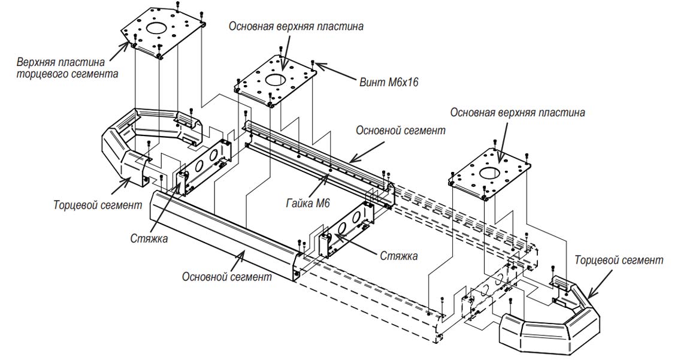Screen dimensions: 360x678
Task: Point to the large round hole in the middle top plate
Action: [276, 80]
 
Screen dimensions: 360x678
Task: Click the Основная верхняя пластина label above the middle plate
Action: [296, 27]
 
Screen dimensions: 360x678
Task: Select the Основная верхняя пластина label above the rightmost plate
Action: [517, 112]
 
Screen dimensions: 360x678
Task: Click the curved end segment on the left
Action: [120, 147]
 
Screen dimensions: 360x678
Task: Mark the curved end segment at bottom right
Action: [551, 326]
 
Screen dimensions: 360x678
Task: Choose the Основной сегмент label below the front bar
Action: [227, 277]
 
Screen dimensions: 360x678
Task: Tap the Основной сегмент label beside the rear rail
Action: [400, 131]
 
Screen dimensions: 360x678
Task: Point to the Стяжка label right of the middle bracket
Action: [399, 256]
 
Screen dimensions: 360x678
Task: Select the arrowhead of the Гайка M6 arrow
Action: [329, 176]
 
